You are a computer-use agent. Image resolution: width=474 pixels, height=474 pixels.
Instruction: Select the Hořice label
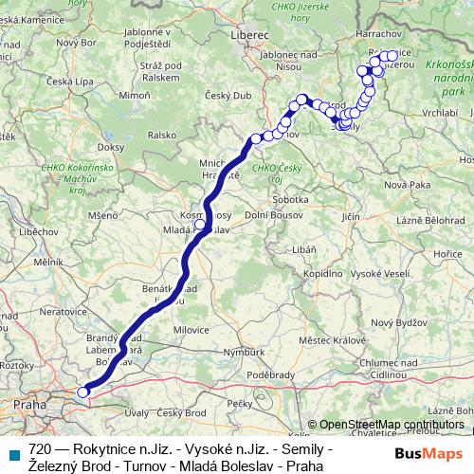[447, 255]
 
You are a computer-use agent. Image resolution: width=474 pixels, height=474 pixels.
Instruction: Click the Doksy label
[111, 148]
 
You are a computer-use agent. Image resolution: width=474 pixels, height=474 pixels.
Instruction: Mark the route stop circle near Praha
[82, 391]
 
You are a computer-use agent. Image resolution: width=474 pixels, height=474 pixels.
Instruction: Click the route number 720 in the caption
[41, 447]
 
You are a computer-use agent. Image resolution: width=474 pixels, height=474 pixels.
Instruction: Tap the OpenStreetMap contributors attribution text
[391, 425]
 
